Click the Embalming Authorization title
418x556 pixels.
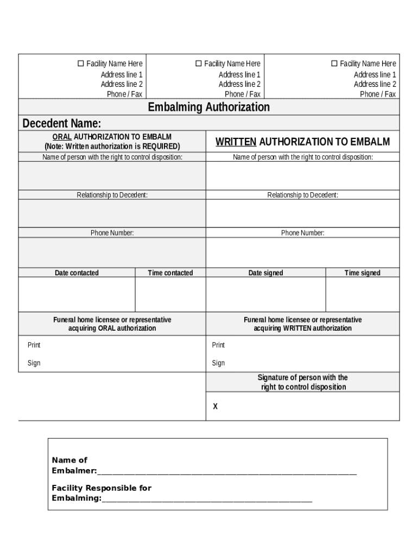tap(208, 107)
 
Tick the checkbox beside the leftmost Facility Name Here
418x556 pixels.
tap(81, 64)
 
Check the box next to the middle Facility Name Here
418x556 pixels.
tap(199, 64)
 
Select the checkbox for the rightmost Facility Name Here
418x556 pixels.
tap(334, 64)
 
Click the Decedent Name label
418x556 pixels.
tap(61, 123)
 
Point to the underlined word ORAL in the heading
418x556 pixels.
tap(62, 137)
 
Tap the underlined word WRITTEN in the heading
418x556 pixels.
tap(236, 142)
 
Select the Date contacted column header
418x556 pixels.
tap(77, 273)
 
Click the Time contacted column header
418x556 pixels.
tap(170, 273)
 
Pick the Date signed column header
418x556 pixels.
tap(265, 273)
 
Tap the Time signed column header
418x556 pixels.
tap(362, 273)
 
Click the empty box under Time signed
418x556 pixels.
tap(362, 295)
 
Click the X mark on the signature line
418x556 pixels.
tap(216, 406)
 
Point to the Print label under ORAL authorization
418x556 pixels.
tap(34, 345)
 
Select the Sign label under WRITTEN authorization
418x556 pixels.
tap(218, 363)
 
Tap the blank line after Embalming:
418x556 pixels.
tap(207, 499)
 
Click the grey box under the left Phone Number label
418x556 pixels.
tap(112, 252)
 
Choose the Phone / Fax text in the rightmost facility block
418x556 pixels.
tap(378, 94)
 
